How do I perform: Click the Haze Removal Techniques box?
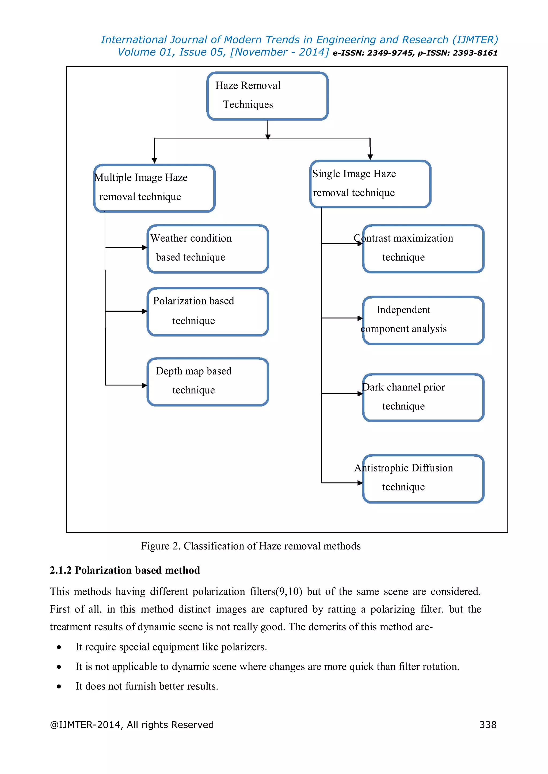pyautogui.click(x=267, y=96)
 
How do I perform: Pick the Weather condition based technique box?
pyautogui.click(x=208, y=249)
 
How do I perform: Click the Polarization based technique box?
pyautogui.click(x=208, y=311)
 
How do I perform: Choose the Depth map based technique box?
pyautogui.click(x=208, y=382)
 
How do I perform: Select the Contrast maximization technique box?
pyautogui.click(x=423, y=249)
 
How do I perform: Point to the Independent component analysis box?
pyautogui.click(x=423, y=320)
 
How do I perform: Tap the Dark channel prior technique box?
pyautogui.click(x=423, y=397)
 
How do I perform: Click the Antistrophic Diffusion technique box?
pyautogui.click(x=423, y=479)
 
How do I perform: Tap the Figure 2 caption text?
pyautogui.click(x=250, y=546)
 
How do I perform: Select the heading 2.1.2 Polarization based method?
pyautogui.click(x=125, y=570)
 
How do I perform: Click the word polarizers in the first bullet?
pyautogui.click(x=243, y=647)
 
